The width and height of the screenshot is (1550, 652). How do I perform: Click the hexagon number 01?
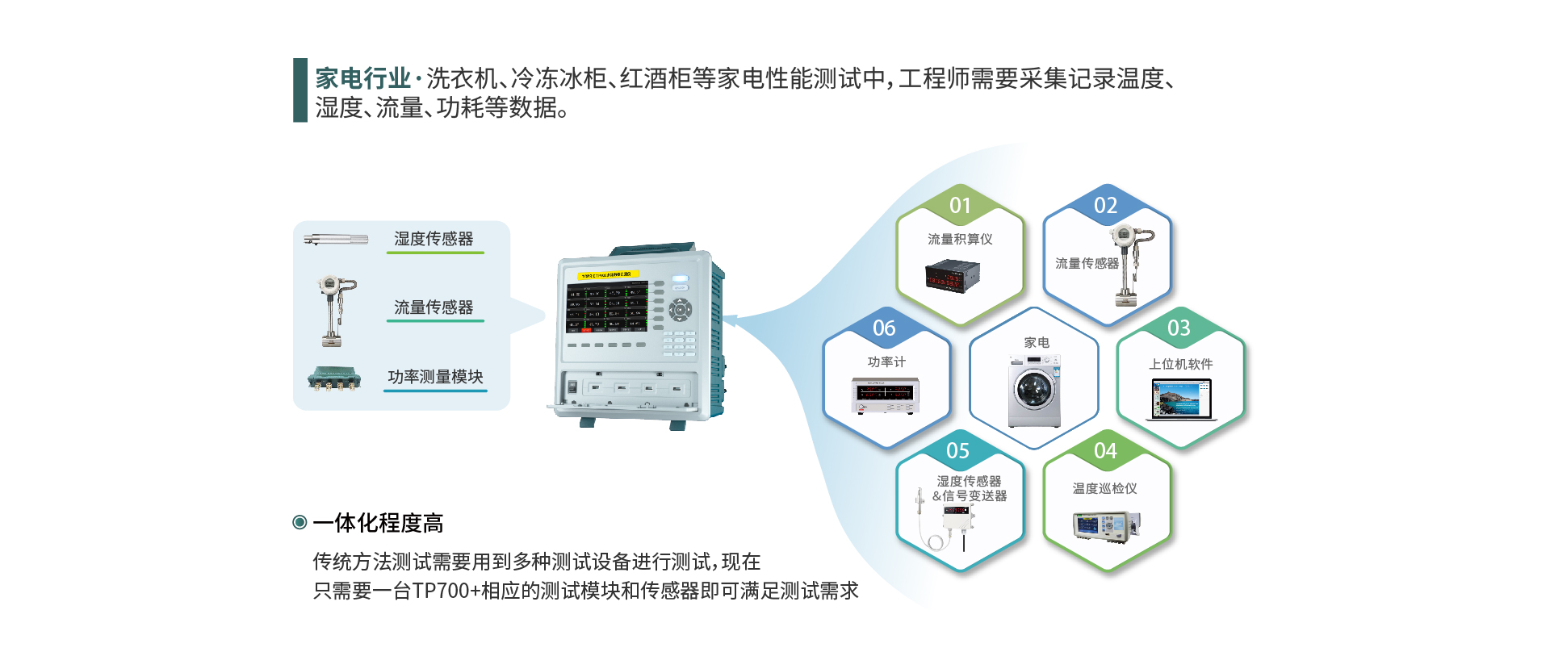click(960, 206)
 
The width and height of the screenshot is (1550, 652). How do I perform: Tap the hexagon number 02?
click(1106, 206)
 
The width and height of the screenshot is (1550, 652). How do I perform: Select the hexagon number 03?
click(1179, 328)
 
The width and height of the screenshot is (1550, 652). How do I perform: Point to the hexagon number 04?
click(1106, 451)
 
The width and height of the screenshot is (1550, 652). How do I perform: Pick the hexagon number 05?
click(958, 451)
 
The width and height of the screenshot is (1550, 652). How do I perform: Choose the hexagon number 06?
click(884, 328)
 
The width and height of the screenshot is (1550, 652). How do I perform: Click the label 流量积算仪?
click(960, 240)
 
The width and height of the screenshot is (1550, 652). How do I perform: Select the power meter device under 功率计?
click(886, 395)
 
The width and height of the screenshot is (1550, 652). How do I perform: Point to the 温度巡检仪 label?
click(1104, 489)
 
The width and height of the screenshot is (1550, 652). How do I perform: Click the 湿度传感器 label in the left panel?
click(434, 239)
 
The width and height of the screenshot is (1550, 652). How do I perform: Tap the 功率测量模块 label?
click(435, 377)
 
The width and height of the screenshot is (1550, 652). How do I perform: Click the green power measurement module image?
click(334, 378)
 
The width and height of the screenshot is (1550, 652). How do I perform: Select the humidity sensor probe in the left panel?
click(336, 240)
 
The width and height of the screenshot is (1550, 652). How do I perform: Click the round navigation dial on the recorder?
click(680, 308)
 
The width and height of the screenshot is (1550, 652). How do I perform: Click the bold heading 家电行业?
click(363, 79)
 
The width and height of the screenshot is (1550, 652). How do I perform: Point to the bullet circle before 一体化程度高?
click(300, 523)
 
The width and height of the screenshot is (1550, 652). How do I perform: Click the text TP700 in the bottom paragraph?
click(441, 591)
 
